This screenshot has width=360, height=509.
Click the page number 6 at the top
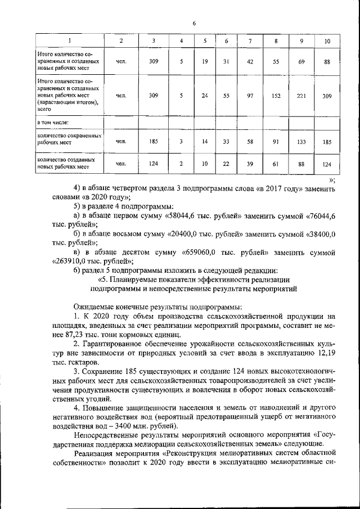point(193,23)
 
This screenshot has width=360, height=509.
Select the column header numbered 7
point(250,42)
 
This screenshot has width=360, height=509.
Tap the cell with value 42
point(250,62)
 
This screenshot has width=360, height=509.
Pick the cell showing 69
point(301,62)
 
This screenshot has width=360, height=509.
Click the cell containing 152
point(276,96)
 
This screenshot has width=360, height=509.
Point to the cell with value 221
point(301,96)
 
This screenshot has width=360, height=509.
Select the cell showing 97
point(250,96)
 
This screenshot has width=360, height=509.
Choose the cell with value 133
point(301,142)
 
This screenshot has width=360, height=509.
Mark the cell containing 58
point(250,142)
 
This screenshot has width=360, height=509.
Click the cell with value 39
point(250,164)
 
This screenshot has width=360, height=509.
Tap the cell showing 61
point(276,164)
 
